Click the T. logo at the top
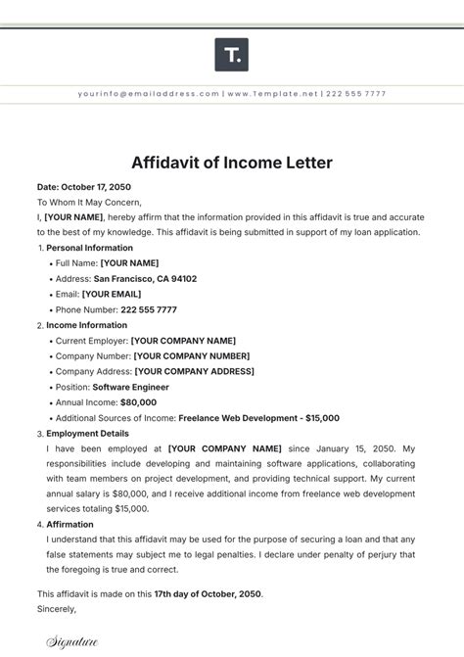(231, 55)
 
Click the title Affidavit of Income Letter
(231, 162)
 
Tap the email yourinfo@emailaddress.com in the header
(148, 94)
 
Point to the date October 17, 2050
(96, 186)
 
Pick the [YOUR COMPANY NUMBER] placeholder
(191, 355)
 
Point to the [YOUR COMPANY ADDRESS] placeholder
(194, 371)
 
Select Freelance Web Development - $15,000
(258, 418)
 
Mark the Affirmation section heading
(70, 525)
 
